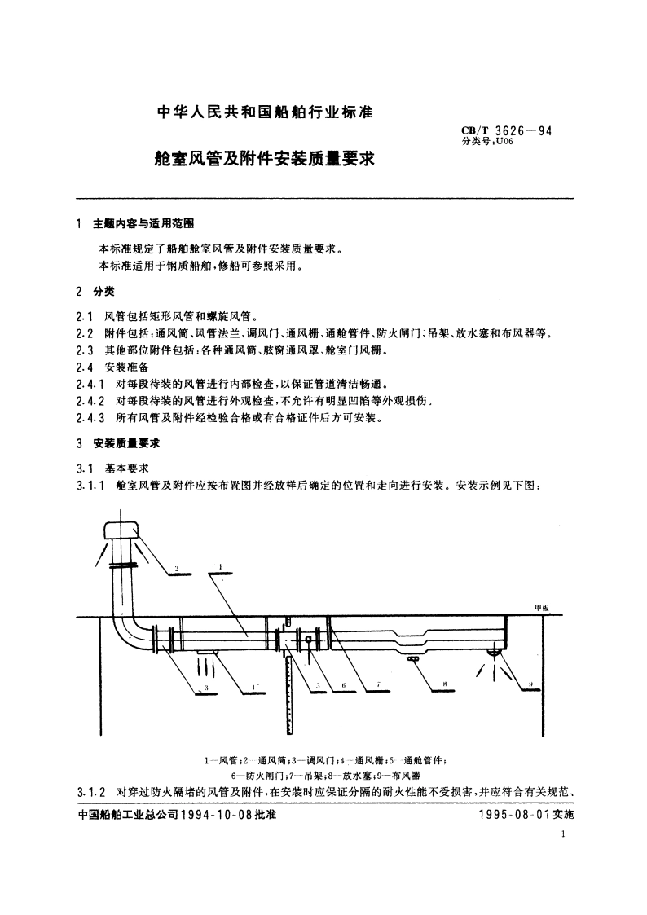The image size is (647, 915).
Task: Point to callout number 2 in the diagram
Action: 177,568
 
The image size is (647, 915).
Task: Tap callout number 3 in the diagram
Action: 206,688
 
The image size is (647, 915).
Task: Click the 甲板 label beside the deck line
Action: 542,608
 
